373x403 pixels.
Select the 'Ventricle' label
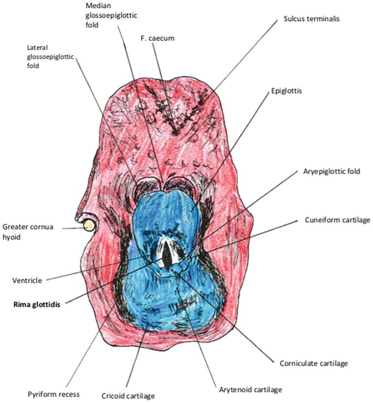(27, 281)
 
